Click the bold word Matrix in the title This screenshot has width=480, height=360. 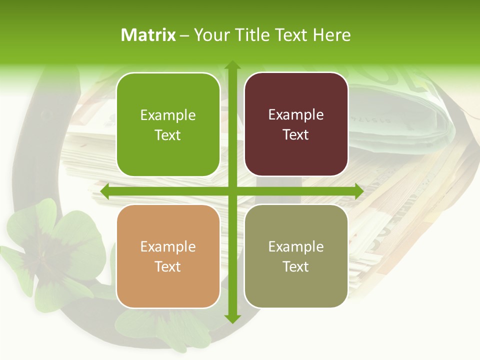(x=148, y=35)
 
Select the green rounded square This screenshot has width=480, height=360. (x=168, y=124)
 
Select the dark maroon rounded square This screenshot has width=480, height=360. (x=296, y=124)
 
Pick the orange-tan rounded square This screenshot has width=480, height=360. (x=168, y=256)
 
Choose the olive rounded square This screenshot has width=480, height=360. (x=296, y=256)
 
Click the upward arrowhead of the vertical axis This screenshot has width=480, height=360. (x=232, y=65)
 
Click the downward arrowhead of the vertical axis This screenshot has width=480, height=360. (x=232, y=318)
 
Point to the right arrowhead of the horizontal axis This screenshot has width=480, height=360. (x=358, y=191)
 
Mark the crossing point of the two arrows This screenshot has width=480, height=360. (x=232, y=191)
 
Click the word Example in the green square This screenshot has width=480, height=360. (x=168, y=115)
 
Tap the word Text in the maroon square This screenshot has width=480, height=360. (x=296, y=135)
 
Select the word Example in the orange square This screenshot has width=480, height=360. (x=168, y=247)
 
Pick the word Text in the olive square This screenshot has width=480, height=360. (x=296, y=266)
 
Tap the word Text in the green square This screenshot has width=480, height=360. (x=168, y=135)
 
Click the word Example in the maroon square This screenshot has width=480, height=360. (x=296, y=115)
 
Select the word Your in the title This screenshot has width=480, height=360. (x=209, y=35)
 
